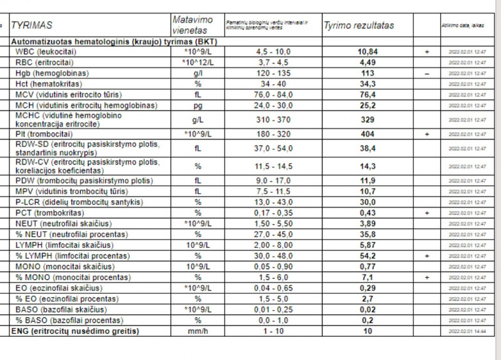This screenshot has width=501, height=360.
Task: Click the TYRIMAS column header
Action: pyautogui.click(x=32, y=26)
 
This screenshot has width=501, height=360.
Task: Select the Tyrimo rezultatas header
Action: pyautogui.click(x=358, y=26)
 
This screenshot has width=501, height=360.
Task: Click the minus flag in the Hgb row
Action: pyautogui.click(x=426, y=73)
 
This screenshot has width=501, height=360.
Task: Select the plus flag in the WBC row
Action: pyautogui.click(x=426, y=52)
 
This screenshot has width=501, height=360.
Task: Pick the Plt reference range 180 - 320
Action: pyautogui.click(x=273, y=134)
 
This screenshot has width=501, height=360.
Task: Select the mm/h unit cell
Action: pyautogui.click(x=197, y=331)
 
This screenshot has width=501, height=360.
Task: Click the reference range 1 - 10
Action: pyautogui.click(x=273, y=331)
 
